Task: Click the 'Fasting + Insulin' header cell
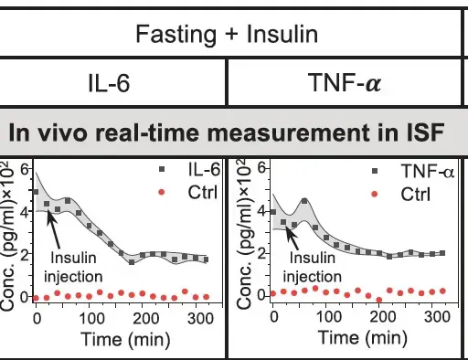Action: coord(227,35)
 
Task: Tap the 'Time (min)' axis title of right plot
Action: coord(363,337)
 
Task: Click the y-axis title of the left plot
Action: coord(12,233)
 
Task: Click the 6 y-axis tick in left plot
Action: coord(25,171)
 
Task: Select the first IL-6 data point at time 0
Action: coord(36,193)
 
